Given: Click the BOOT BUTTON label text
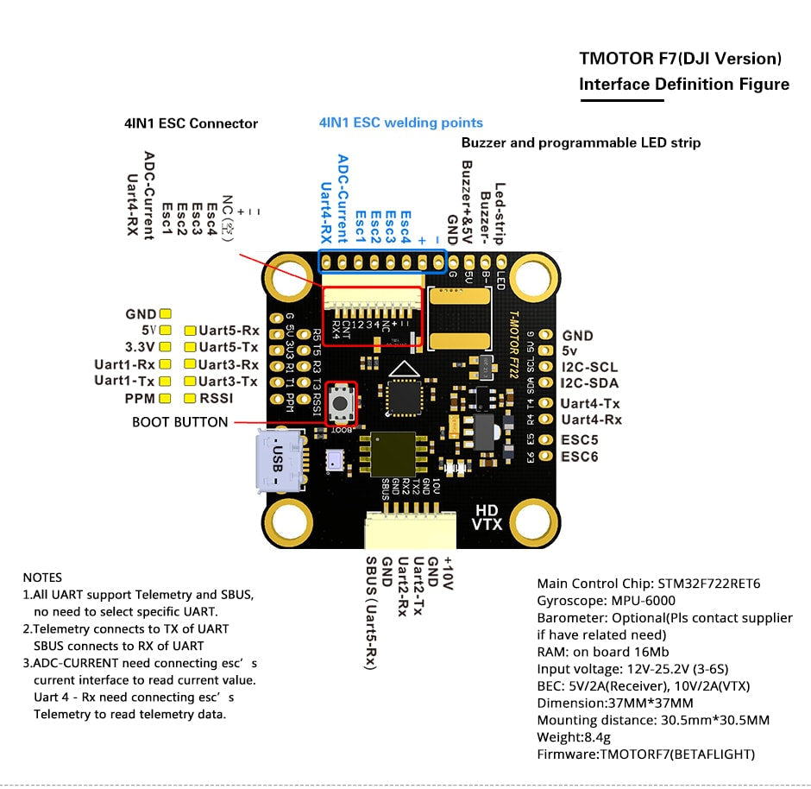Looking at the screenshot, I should [x=179, y=422].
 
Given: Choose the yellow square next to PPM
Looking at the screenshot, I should [x=166, y=398].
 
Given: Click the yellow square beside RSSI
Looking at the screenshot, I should [x=190, y=398].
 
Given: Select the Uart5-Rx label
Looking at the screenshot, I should [x=229, y=331].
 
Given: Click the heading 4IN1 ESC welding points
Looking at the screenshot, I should [x=400, y=123].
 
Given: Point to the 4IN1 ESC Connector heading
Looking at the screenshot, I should [x=191, y=123].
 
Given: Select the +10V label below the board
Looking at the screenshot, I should [x=447, y=572].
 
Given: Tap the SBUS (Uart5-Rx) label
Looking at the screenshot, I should [x=370, y=610].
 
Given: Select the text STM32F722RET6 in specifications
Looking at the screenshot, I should [x=708, y=584].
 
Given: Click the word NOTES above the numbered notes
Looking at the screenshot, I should [x=42, y=578].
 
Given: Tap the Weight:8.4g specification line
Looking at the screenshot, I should [x=574, y=736].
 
